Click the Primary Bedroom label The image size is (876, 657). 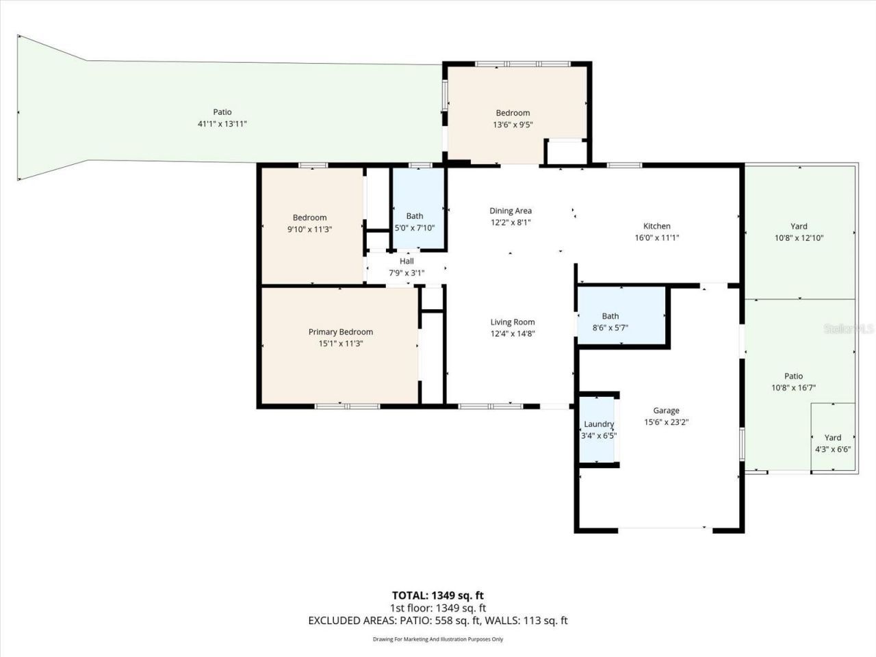click(340, 332)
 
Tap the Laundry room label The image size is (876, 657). click(599, 424)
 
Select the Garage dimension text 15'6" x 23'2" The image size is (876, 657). click(666, 422)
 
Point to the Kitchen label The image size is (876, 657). click(656, 226)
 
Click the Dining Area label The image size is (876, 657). click(510, 211)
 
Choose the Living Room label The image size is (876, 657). click(512, 322)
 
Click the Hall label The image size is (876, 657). click(407, 261)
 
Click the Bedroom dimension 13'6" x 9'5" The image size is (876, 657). click(513, 125)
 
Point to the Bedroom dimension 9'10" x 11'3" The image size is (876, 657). click(309, 229)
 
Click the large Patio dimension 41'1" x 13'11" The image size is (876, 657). click(222, 124)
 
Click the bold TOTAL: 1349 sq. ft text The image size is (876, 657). click(437, 595)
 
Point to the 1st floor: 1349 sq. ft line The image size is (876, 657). click(437, 608)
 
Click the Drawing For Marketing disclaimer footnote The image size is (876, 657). click(437, 639)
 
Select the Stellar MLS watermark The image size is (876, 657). click(849, 329)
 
